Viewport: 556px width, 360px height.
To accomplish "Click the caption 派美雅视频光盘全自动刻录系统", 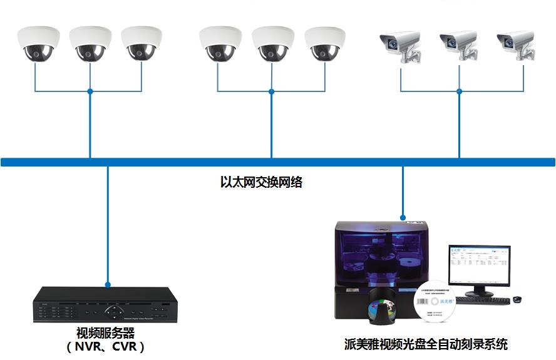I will [x=425, y=344].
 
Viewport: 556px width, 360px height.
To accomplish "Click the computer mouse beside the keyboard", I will [x=517, y=299].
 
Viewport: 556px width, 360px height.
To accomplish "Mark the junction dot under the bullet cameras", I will [x=459, y=91].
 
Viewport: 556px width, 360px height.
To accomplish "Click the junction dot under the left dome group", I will [x=90, y=91].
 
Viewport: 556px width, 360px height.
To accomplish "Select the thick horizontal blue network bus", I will [x=278, y=162].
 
